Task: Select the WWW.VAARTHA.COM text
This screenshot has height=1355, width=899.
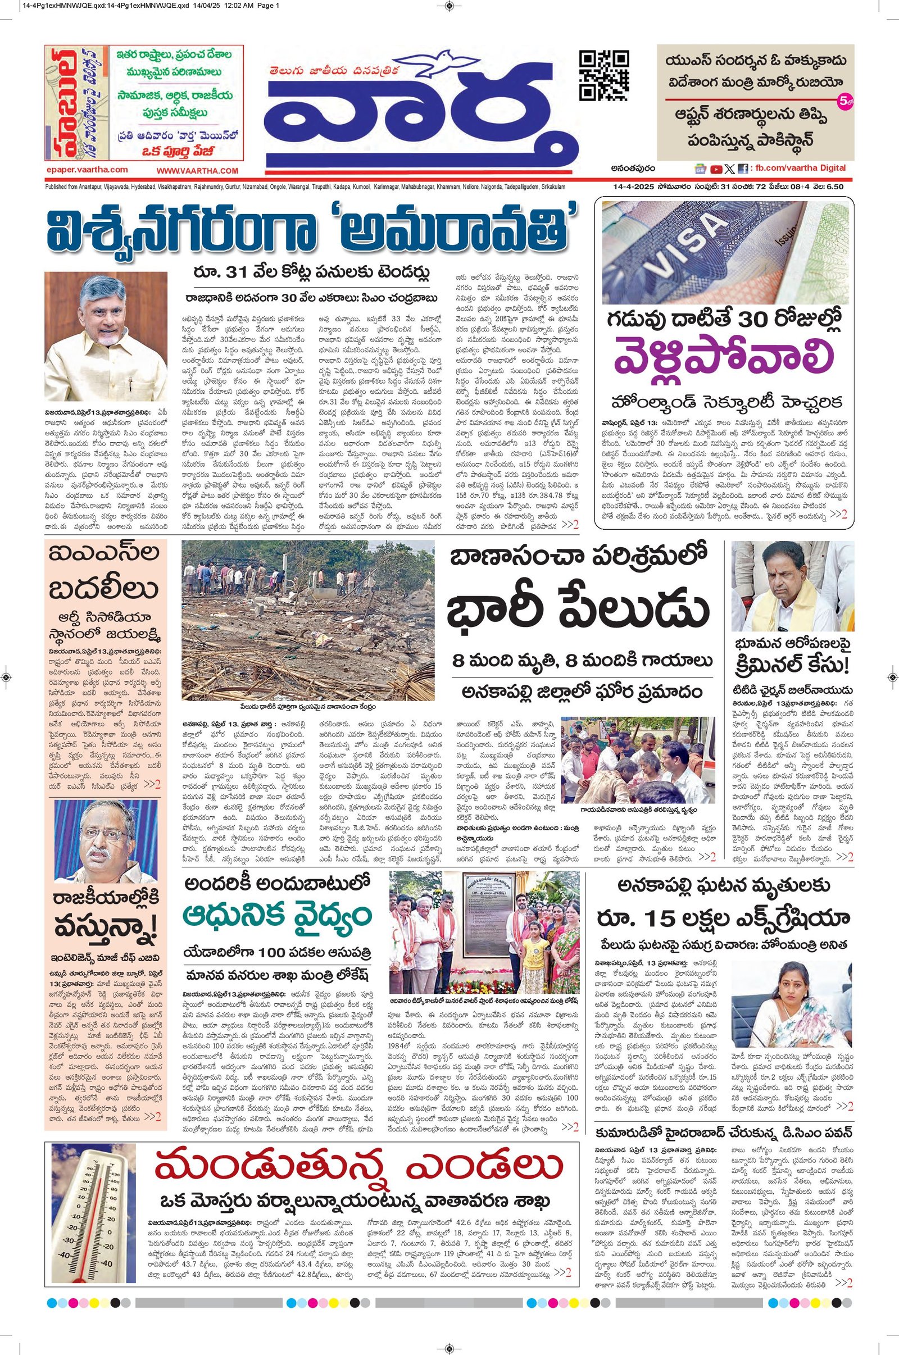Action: [x=197, y=171]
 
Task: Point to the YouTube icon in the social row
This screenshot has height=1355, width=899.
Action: [x=716, y=169]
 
